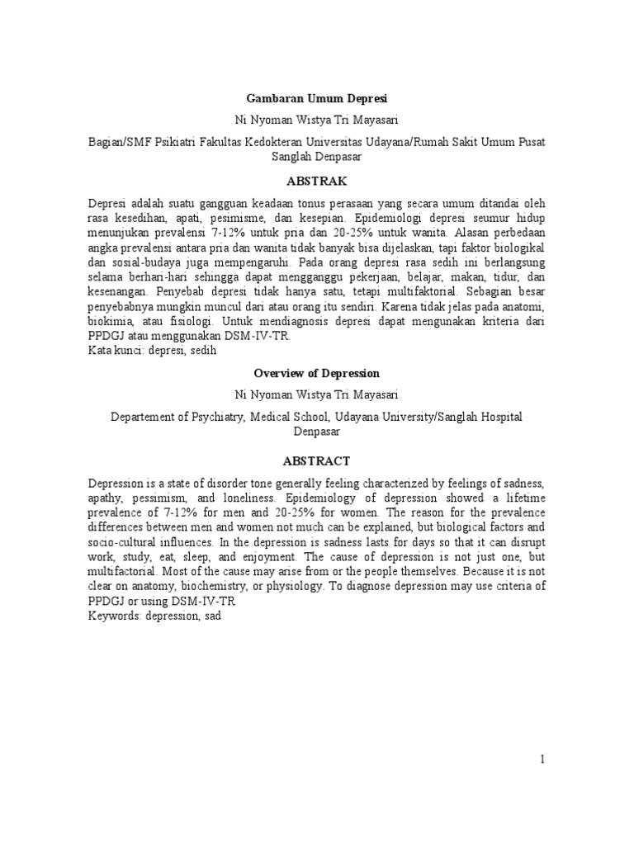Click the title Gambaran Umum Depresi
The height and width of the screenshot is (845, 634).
(317, 97)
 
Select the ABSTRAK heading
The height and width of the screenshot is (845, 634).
(316, 181)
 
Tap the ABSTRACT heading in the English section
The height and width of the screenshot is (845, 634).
(316, 460)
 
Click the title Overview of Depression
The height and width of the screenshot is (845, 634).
(317, 373)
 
